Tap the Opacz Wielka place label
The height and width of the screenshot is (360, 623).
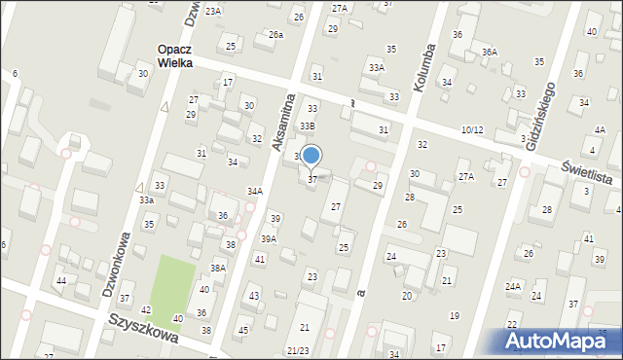pyautogui.click(x=177, y=54)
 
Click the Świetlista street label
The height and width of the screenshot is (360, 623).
pyautogui.click(x=588, y=173)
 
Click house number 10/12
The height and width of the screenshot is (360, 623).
pyautogui.click(x=472, y=129)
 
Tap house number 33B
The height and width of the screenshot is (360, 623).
pyautogui.click(x=307, y=126)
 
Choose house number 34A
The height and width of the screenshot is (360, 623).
pyautogui.click(x=255, y=192)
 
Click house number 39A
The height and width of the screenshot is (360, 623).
pyautogui.click(x=269, y=238)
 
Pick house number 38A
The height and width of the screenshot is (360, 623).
pyautogui.click(x=218, y=268)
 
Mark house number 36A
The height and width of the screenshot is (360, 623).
pyautogui.click(x=489, y=52)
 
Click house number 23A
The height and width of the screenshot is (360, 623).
pyautogui.click(x=212, y=11)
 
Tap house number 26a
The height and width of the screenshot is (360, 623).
pyautogui.click(x=275, y=35)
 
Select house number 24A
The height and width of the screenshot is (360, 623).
pyautogui.click(x=513, y=287)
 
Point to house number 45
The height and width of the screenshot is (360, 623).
pyautogui.click(x=243, y=330)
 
